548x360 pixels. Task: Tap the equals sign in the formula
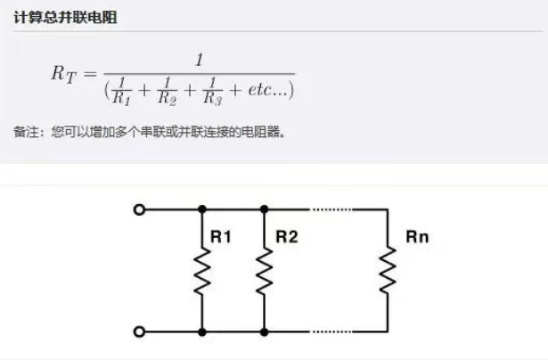tap(90, 74)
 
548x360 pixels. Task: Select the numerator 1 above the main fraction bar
tap(200, 60)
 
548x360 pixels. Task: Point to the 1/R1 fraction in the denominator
tap(122, 89)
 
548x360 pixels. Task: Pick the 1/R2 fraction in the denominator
tap(166, 89)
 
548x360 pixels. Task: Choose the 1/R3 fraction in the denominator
tap(211, 89)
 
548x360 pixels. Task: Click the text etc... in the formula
tap(265, 90)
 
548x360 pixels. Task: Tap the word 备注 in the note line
tap(25, 132)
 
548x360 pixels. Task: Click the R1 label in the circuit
tap(220, 238)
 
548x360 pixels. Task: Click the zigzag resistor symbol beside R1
tap(202, 269)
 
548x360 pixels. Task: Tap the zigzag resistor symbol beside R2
tap(264, 269)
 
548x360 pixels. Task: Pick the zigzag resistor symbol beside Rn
tap(389, 269)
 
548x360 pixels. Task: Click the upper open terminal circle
tap(138, 209)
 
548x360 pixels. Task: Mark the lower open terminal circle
tap(138, 331)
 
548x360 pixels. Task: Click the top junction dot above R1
tap(202, 209)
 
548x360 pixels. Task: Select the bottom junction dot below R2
tap(264, 331)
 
